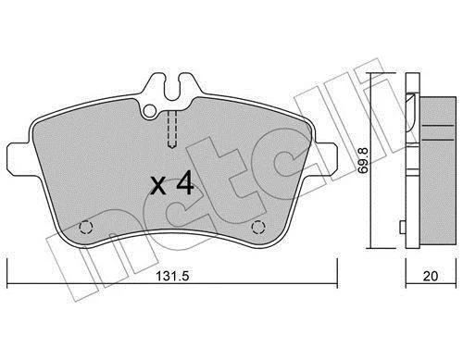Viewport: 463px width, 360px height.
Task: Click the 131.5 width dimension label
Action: (x=172, y=276)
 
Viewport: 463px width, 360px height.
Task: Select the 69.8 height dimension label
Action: (x=364, y=160)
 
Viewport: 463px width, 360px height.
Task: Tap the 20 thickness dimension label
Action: (x=431, y=276)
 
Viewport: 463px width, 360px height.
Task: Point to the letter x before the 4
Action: (x=158, y=186)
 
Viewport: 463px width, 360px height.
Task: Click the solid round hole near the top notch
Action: (x=150, y=111)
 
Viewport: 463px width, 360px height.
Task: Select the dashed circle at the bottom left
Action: (x=86, y=228)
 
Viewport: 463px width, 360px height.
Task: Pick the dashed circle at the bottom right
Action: (x=258, y=228)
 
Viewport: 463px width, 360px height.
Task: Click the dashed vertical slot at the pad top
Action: (x=171, y=130)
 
